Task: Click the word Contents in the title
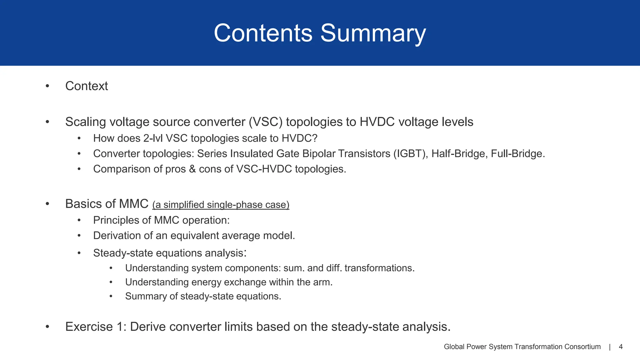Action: (x=263, y=33)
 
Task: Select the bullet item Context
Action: (x=87, y=86)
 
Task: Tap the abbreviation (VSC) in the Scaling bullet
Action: (x=266, y=122)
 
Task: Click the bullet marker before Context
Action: (x=47, y=86)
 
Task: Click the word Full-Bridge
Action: (x=517, y=154)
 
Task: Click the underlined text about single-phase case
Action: (x=221, y=205)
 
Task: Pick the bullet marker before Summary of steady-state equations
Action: (x=111, y=296)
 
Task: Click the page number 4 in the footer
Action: (x=621, y=347)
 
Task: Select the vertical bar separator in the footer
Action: (x=610, y=347)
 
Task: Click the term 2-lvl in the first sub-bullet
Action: (x=153, y=138)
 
